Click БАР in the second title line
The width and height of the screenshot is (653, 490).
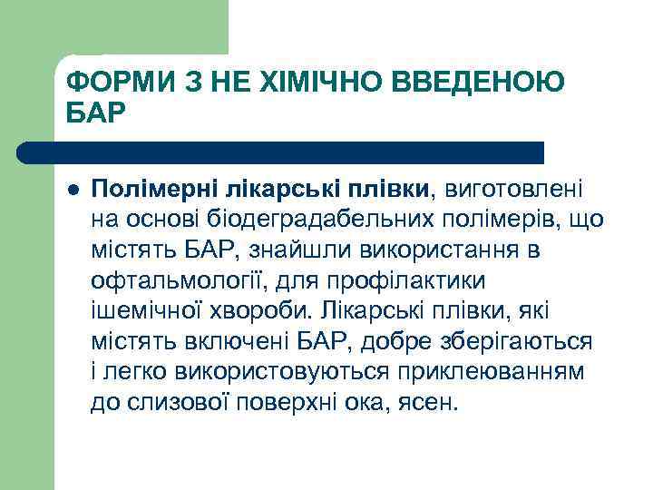click(x=93, y=115)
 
